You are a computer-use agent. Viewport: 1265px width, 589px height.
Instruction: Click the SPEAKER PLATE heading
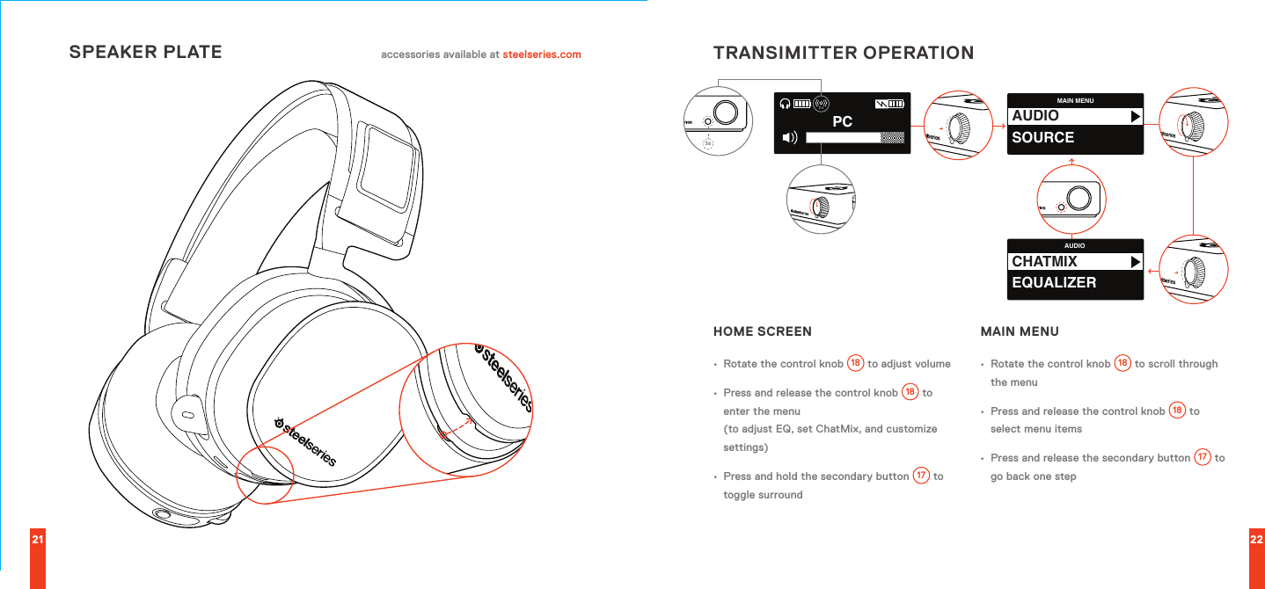tap(145, 52)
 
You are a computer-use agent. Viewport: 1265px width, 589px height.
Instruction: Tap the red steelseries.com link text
tap(541, 55)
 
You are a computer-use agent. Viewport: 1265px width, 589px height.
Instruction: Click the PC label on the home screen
tap(842, 122)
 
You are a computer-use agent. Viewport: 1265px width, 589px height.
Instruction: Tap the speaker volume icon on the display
tap(788, 137)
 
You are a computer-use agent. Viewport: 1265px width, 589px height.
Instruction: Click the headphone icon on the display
tap(784, 104)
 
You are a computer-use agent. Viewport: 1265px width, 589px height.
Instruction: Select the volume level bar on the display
tap(855, 137)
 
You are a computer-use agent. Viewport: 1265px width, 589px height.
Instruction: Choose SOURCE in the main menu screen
tap(1043, 137)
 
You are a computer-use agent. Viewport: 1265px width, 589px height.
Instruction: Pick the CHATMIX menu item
tap(1044, 262)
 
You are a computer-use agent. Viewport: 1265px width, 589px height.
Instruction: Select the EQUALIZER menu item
tap(1054, 283)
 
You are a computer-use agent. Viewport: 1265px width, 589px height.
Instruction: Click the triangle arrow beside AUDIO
tap(1135, 116)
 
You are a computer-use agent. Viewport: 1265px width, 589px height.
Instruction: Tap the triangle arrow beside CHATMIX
tap(1135, 262)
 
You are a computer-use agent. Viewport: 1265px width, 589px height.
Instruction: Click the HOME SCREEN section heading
tap(763, 332)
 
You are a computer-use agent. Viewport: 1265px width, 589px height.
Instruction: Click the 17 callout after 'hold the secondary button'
tap(921, 476)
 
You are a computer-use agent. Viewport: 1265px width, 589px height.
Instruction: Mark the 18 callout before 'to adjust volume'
tap(855, 363)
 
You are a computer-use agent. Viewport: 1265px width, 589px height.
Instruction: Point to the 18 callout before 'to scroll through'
tap(1122, 363)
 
